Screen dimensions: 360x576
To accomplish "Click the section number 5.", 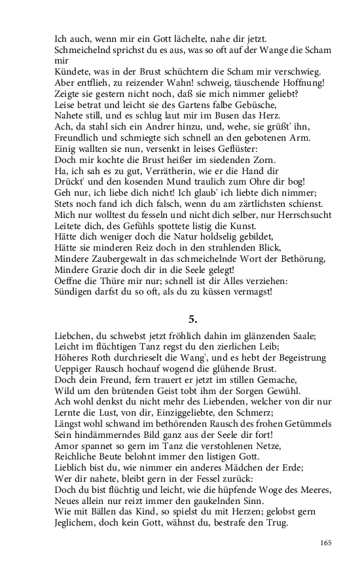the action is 192,319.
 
